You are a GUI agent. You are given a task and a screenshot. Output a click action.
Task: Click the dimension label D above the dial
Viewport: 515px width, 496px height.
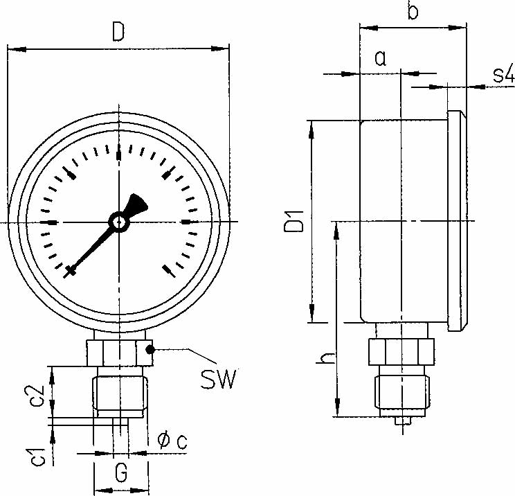(118, 33)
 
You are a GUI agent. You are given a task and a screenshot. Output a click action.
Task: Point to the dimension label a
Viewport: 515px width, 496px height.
(380, 58)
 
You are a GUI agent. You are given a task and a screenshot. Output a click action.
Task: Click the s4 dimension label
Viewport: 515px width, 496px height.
(503, 74)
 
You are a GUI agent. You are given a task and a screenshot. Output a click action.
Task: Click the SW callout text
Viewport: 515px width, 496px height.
(218, 379)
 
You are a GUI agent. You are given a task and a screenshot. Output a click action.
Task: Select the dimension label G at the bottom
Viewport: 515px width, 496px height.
(120, 473)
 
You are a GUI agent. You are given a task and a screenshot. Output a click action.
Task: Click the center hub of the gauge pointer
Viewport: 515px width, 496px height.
(119, 222)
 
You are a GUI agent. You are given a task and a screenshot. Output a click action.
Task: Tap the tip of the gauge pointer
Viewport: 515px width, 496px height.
(69, 273)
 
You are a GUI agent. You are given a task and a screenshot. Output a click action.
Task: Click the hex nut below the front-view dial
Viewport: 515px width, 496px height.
(119, 352)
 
